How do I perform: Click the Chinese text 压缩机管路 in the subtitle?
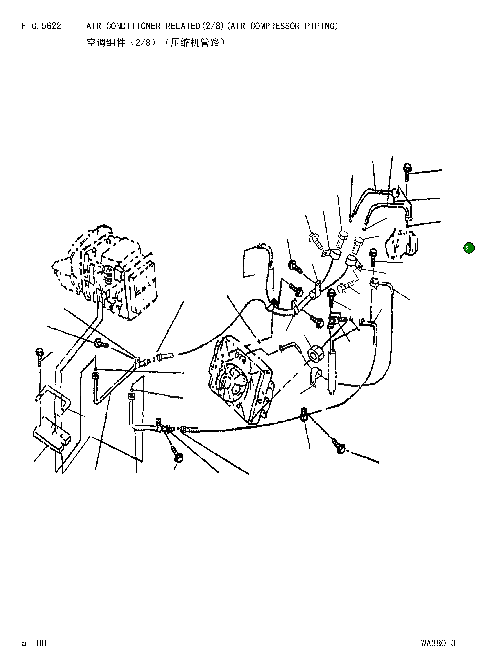coord(195,43)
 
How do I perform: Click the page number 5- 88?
coord(34,643)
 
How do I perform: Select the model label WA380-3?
coord(438,643)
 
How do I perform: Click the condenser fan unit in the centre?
coord(239,380)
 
